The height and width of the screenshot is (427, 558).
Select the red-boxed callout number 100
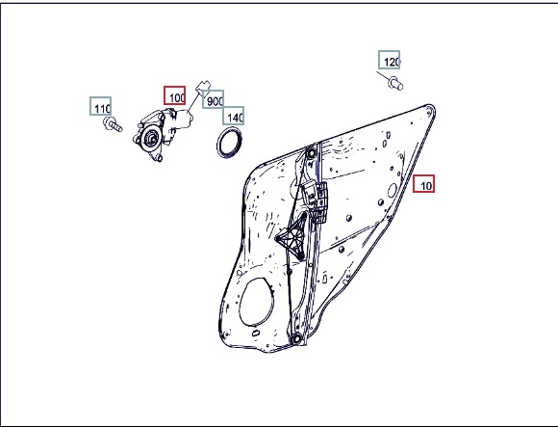pos(175,95)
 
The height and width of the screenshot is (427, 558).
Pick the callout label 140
pos(234,116)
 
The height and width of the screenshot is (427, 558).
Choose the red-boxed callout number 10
pos(424,183)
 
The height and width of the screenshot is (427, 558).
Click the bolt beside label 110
pos(113,124)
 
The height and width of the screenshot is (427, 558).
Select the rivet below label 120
pos(395,84)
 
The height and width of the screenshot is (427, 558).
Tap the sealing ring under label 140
pos(230,142)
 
